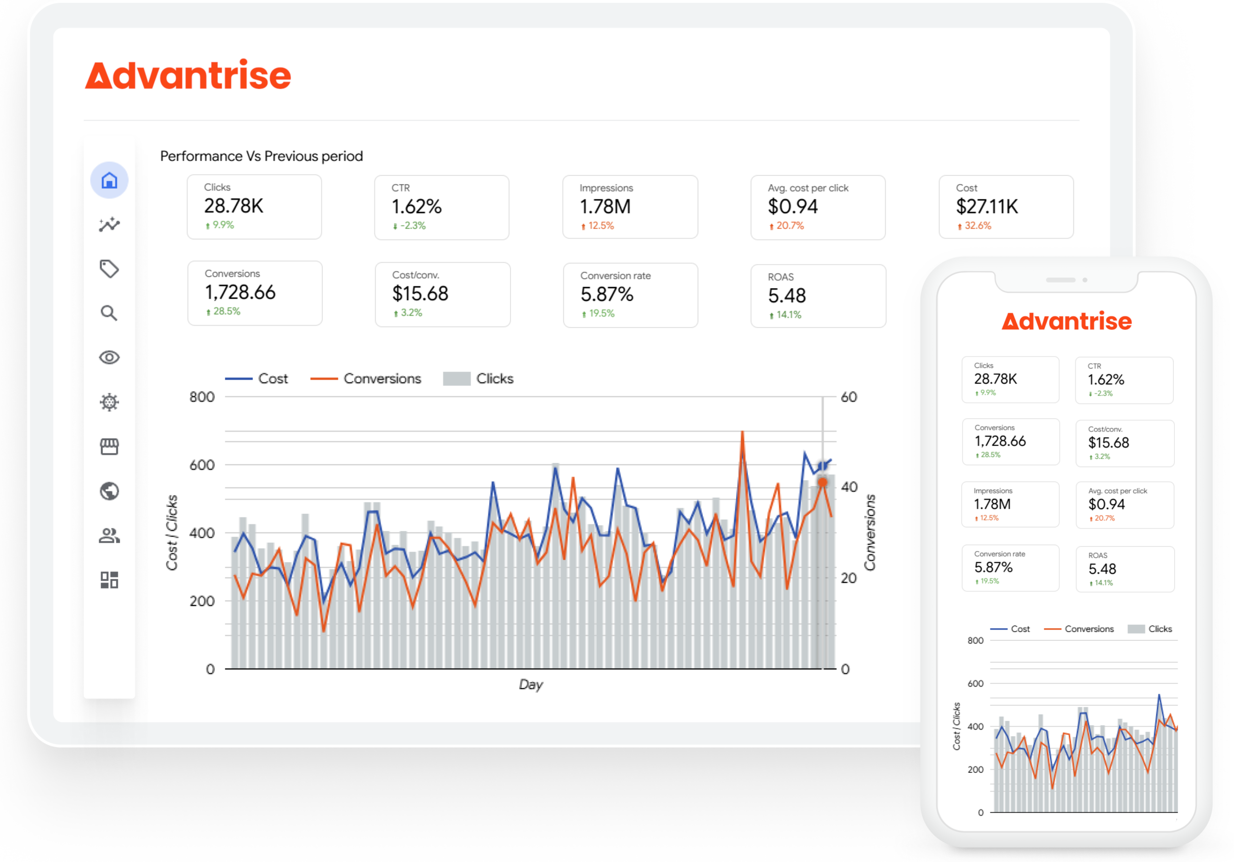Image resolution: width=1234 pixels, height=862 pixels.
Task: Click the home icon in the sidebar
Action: pyautogui.click(x=109, y=180)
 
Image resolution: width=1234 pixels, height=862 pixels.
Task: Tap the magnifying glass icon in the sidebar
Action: pyautogui.click(x=109, y=313)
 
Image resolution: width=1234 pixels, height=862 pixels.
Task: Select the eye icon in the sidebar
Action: pyautogui.click(x=109, y=357)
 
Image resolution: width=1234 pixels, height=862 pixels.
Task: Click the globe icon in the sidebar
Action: pyautogui.click(x=109, y=491)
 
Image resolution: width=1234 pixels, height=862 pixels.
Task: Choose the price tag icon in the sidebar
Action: pyautogui.click(x=109, y=269)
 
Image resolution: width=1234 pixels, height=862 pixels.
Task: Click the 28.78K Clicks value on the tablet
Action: pyautogui.click(x=234, y=206)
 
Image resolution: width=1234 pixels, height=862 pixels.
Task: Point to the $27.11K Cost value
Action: pyautogui.click(x=987, y=206)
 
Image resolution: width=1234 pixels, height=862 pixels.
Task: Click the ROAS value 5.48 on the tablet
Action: pyautogui.click(x=787, y=296)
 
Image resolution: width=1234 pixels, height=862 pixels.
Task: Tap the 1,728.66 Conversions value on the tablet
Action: pyautogui.click(x=240, y=292)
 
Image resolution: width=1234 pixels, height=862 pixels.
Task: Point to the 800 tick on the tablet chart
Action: pyautogui.click(x=202, y=397)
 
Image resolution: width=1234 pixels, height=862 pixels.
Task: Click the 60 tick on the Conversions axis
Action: pyautogui.click(x=849, y=397)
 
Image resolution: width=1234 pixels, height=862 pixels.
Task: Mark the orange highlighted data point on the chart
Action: pyautogui.click(x=822, y=482)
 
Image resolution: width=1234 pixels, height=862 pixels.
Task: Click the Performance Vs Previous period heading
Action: pyautogui.click(x=262, y=156)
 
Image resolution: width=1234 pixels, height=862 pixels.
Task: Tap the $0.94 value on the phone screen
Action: pyautogui.click(x=1107, y=504)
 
